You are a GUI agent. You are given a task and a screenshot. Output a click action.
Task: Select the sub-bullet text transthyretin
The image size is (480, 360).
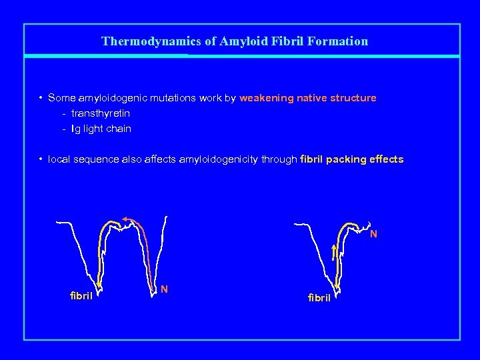pos(101,113)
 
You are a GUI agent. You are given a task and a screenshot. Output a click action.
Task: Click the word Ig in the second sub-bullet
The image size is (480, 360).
pos(76,129)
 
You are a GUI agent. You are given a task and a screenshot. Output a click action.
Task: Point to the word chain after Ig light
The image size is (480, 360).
pos(119,129)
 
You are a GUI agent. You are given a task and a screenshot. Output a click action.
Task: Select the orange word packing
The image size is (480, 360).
pos(349,160)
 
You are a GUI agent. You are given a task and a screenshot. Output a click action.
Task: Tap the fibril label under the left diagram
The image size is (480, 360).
pos(81,295)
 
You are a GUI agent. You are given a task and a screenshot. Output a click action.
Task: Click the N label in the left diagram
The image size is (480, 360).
pos(164,289)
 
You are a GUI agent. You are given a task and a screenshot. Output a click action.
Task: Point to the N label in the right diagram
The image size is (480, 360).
pos(373,234)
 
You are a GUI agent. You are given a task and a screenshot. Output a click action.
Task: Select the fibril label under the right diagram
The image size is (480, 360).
pos(319,297)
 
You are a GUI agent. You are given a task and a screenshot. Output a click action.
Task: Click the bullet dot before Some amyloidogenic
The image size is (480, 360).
pos(41,98)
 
